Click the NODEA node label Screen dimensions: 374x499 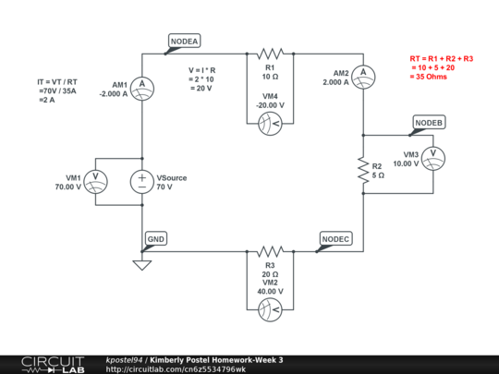tap(183, 41)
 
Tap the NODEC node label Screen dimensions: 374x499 tap(335, 238)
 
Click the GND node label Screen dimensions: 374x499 tap(156, 238)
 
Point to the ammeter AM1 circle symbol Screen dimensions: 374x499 tap(142, 86)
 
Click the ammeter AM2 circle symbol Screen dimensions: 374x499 tap(364, 72)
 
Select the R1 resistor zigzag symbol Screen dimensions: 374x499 tap(271, 54)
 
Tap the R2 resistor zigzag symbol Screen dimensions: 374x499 tap(364, 169)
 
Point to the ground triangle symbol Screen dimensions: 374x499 tap(142, 266)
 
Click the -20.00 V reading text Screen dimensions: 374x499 tap(271, 105)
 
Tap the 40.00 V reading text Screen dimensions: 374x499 tap(271, 292)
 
